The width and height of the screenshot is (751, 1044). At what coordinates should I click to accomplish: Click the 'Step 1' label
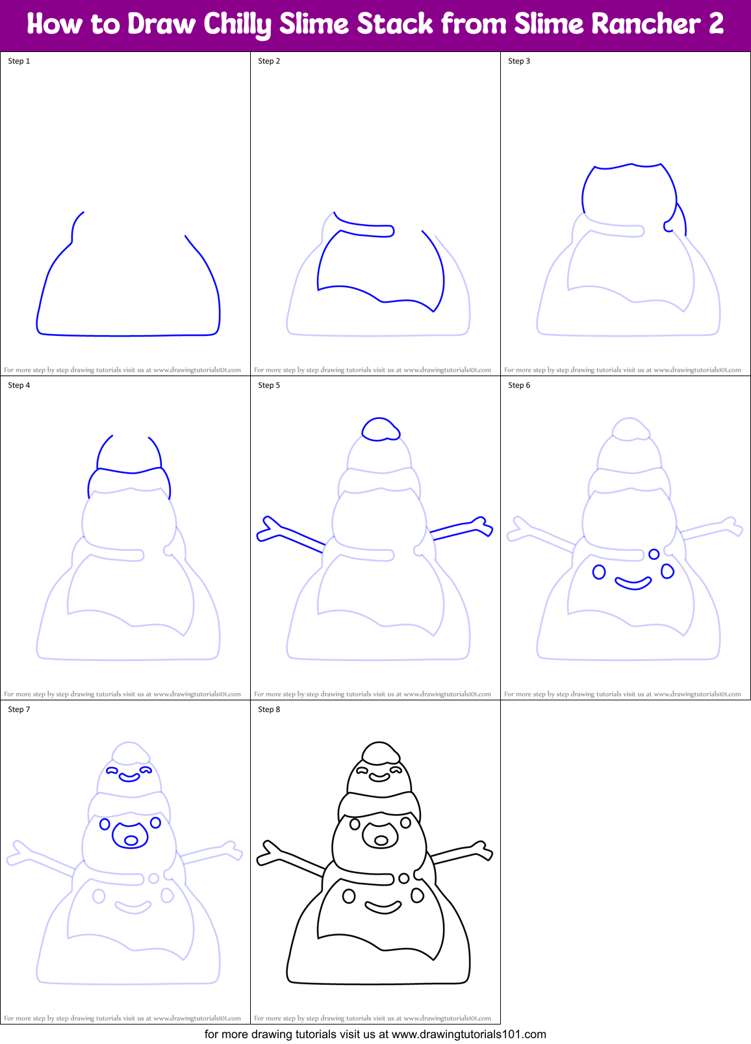(19, 61)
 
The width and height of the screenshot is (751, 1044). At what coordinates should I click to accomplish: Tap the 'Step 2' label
(269, 61)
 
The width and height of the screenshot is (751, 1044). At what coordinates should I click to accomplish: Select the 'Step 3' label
(519, 61)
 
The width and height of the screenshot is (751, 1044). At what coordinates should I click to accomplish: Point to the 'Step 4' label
(19, 385)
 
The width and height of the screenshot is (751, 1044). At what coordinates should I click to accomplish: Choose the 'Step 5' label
(269, 385)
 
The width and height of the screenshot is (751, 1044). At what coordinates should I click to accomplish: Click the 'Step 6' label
(519, 385)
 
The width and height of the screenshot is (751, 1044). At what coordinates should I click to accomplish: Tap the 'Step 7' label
(19, 709)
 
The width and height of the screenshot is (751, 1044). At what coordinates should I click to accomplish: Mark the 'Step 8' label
(269, 709)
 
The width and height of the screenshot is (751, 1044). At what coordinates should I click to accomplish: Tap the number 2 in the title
(715, 25)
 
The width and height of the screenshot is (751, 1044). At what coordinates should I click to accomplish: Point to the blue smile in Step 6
(633, 583)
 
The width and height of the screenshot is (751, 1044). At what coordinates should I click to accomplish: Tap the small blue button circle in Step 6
(654, 554)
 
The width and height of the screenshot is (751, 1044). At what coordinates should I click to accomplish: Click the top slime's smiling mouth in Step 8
(380, 776)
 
